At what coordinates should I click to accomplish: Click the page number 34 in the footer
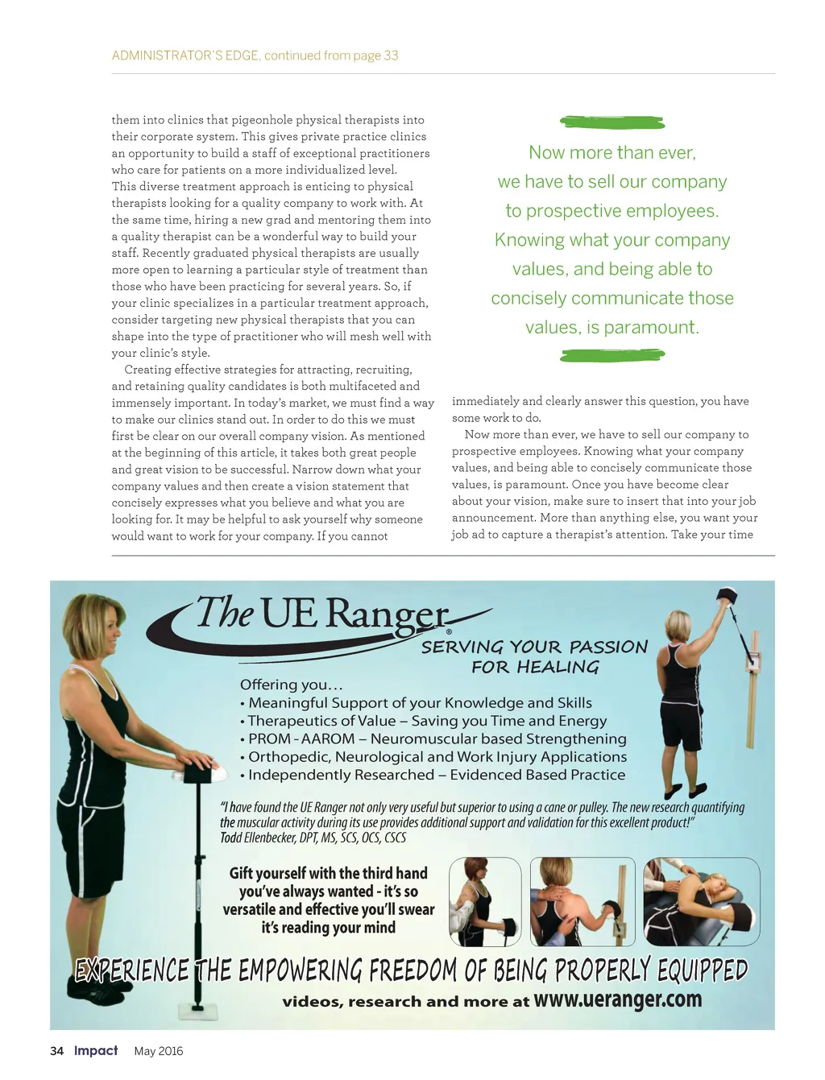pos(56,1051)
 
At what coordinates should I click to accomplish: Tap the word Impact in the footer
pos(96,1050)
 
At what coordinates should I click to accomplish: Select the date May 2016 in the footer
pos(159,1051)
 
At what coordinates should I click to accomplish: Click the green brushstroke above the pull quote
pos(612,122)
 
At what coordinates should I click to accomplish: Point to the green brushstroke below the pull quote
pos(612,354)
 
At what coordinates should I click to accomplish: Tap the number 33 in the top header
pos(391,56)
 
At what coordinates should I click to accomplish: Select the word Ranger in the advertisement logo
pos(387,616)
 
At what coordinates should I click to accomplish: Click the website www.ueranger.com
pos(617,999)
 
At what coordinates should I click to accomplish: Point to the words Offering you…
pos(292,685)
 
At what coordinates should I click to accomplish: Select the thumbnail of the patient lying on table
pos(701,901)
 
